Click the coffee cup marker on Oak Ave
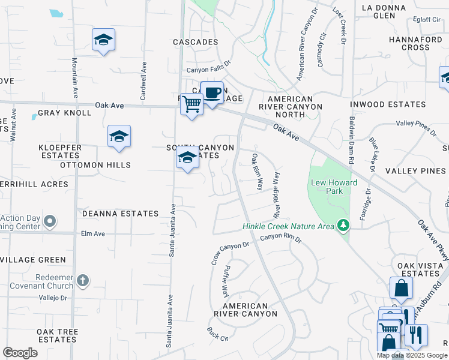click(211, 93)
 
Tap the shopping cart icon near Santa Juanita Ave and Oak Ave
click(191, 104)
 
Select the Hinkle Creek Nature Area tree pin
click(343, 226)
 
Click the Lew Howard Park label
click(334, 187)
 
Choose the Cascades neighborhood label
click(195, 42)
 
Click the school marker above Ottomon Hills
click(119, 137)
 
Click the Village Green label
click(35, 260)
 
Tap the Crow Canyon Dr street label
click(230, 245)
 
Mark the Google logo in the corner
click(19, 353)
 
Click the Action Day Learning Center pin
click(50, 222)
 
